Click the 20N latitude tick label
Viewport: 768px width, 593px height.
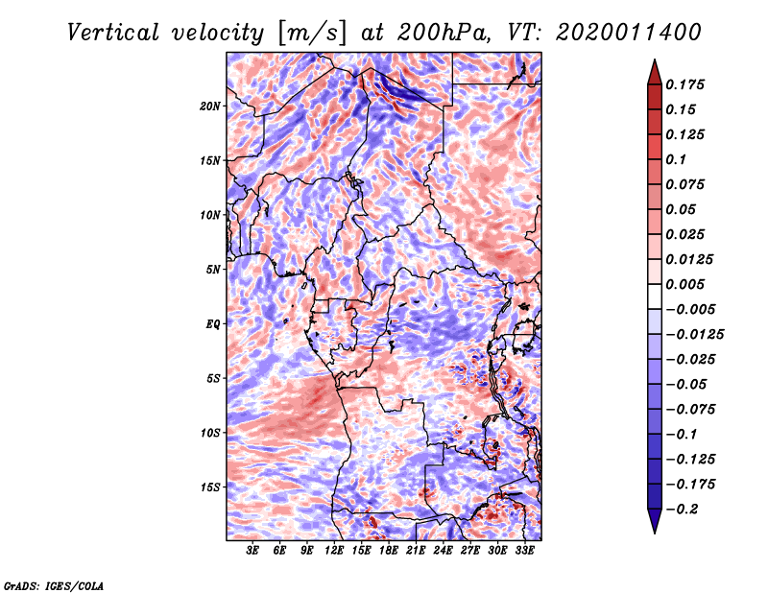(210, 107)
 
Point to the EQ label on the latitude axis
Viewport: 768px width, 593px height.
(212, 324)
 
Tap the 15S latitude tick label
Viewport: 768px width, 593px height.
(210, 487)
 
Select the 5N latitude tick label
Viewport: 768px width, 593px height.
(213, 270)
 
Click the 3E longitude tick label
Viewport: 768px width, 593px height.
(252, 551)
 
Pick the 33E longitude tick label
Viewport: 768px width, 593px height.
(524, 551)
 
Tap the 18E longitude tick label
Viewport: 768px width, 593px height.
(389, 551)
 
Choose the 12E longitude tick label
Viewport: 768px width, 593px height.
(334, 551)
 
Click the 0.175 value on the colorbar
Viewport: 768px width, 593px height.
(684, 84)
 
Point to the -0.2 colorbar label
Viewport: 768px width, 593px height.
(682, 510)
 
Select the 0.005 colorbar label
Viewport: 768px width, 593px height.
(684, 284)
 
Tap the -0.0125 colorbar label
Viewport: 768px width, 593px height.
(694, 335)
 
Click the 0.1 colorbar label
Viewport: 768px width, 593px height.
(676, 159)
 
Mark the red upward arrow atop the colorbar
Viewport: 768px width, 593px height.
(655, 72)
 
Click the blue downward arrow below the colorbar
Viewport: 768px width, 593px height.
(655, 521)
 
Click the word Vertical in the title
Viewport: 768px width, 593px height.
(113, 33)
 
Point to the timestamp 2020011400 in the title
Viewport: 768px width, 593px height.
(629, 33)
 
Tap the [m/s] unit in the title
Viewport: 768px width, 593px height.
(311, 34)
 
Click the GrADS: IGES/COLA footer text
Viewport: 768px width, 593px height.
(54, 586)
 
